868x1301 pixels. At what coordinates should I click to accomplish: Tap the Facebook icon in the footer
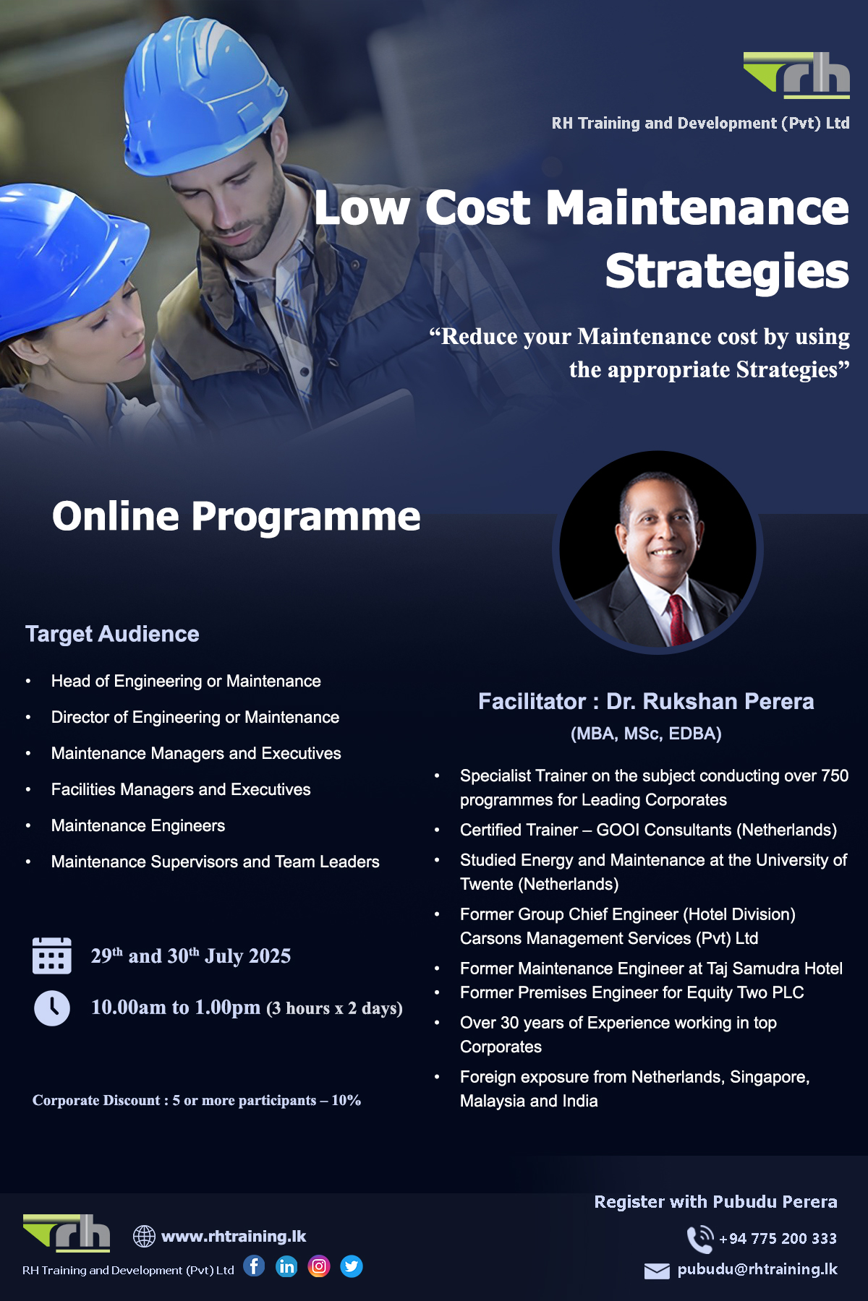pyautogui.click(x=254, y=1266)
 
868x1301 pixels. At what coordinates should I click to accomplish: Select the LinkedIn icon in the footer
pyautogui.click(x=286, y=1266)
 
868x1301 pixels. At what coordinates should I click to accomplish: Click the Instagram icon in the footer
pyautogui.click(x=319, y=1266)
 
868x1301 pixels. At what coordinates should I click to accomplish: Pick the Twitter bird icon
pyautogui.click(x=352, y=1266)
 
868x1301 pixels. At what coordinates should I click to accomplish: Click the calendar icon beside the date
pyautogui.click(x=52, y=956)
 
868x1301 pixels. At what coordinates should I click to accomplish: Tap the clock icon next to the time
pyautogui.click(x=52, y=1008)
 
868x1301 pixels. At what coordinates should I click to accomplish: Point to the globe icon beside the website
pyautogui.click(x=144, y=1236)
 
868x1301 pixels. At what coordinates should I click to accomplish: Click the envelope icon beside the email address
pyautogui.click(x=657, y=1271)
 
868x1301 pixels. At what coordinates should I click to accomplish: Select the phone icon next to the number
pyautogui.click(x=699, y=1239)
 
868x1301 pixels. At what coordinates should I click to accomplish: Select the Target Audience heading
pyautogui.click(x=112, y=634)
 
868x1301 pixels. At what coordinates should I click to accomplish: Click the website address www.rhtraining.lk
pyautogui.click(x=234, y=1236)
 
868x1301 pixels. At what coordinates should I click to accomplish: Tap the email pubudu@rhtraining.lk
pyautogui.click(x=757, y=1269)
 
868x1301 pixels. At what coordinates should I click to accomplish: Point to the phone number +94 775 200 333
pyautogui.click(x=778, y=1239)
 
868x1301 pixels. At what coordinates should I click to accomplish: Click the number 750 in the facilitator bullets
pyautogui.click(x=835, y=776)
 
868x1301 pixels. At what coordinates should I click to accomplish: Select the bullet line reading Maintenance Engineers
pyautogui.click(x=138, y=825)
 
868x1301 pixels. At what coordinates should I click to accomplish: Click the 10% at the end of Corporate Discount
pyautogui.click(x=346, y=1100)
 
